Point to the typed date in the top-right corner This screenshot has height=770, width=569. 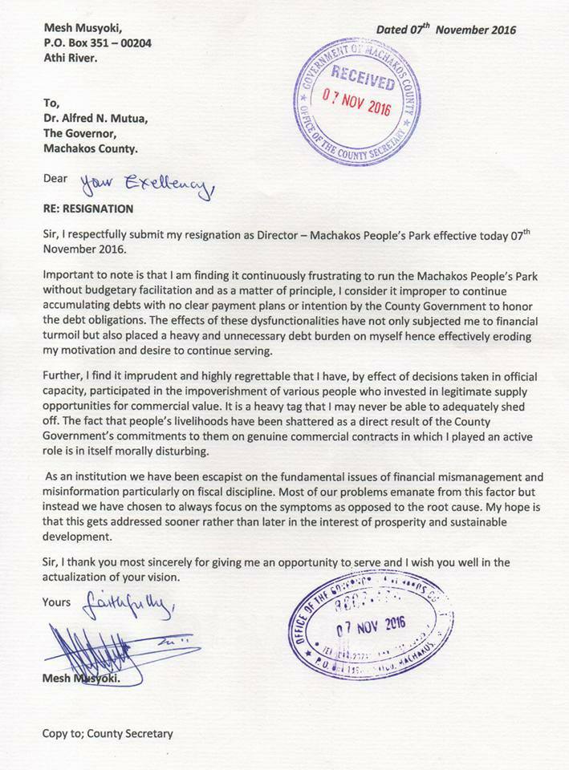(x=446, y=30)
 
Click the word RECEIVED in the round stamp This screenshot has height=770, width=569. (x=364, y=81)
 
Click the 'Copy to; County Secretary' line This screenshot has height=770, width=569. (x=108, y=733)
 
